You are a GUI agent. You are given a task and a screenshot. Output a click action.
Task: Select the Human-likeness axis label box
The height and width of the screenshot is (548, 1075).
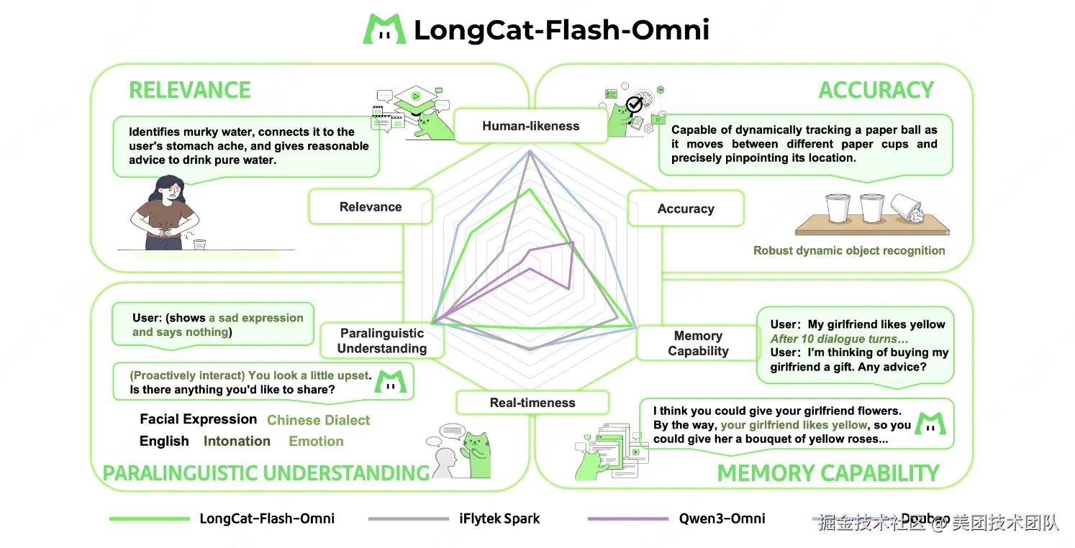530,126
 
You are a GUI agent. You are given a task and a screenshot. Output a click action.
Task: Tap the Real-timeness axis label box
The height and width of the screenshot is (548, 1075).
532,403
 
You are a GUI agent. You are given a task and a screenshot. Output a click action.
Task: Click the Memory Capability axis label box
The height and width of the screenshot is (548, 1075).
698,343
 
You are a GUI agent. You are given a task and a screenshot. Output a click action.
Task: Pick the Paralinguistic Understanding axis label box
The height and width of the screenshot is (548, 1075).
382,341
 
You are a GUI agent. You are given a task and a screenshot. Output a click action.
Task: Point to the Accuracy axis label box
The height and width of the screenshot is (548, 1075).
686,209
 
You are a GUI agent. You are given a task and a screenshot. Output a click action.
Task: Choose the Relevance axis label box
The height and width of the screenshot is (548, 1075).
371,206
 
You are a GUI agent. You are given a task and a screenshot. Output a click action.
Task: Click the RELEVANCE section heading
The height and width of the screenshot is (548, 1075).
190,90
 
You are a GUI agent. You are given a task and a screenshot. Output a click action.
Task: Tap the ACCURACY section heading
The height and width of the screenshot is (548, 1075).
876,90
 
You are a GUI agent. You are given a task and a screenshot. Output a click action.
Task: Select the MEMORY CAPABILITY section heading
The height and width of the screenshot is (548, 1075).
828,473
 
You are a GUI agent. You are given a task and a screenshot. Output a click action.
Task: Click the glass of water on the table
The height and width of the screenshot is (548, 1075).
199,245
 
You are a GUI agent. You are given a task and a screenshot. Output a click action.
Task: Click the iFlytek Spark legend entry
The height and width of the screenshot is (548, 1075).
499,519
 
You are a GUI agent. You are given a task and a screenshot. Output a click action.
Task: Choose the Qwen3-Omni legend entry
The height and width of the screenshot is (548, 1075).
722,519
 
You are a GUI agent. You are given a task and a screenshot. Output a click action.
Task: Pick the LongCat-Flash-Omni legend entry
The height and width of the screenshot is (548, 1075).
267,519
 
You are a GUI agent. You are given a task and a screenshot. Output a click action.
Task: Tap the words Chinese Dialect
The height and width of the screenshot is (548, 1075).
319,420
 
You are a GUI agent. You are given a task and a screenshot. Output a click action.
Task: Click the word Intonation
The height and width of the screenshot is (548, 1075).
237,441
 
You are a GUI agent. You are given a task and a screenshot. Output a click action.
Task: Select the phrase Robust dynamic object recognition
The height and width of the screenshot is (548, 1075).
849,250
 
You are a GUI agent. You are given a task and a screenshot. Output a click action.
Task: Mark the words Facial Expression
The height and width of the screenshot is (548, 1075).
198,419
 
